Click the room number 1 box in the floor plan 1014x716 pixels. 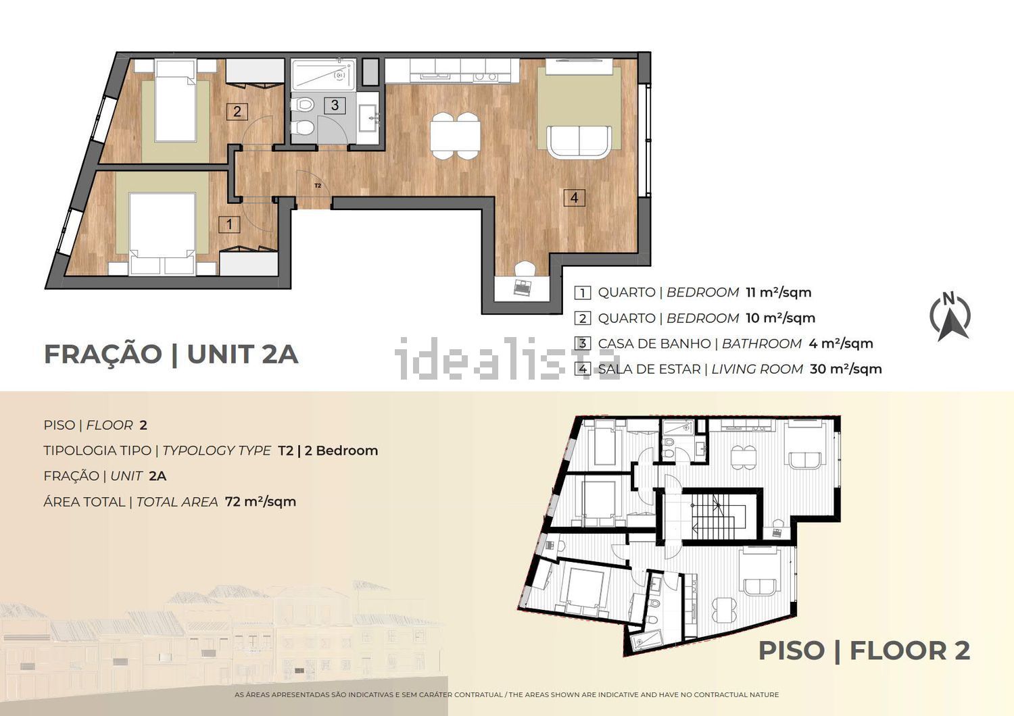tap(229, 224)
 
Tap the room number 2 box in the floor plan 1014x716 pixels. tap(237, 111)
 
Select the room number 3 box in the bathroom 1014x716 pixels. tap(335, 105)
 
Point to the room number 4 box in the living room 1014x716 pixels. tap(574, 198)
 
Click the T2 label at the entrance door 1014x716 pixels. tap(318, 186)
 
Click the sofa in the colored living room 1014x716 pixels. tap(579, 142)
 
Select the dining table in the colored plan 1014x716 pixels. tap(455, 136)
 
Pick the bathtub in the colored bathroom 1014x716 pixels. tap(322, 75)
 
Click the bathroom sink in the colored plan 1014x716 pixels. tap(368, 118)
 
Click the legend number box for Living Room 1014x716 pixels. tap(582, 369)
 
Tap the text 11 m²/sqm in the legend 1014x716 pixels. tap(779, 292)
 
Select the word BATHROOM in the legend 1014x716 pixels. tap(762, 344)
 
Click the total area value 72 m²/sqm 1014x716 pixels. tap(260, 502)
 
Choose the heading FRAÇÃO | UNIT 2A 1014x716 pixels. tap(171, 354)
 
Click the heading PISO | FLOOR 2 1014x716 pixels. tap(864, 651)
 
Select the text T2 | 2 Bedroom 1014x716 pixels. tap(328, 451)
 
